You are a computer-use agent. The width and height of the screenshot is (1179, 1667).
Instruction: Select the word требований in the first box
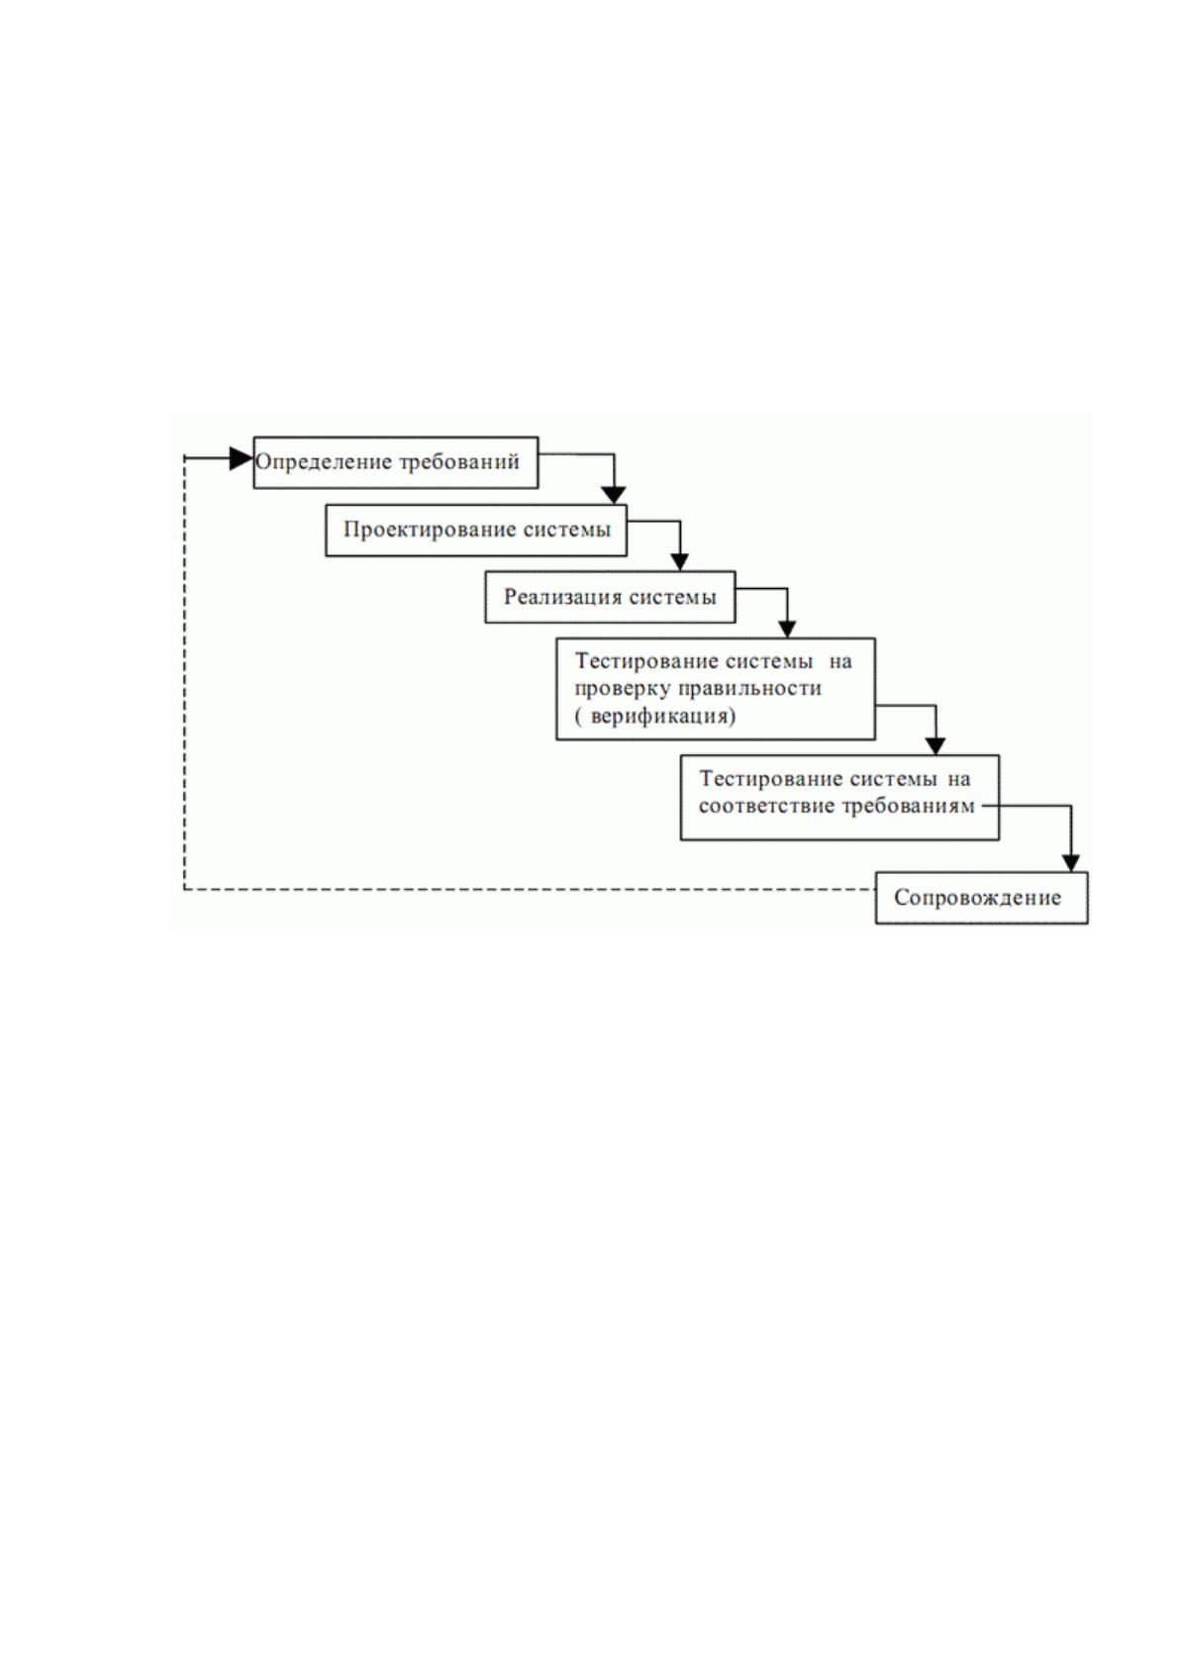click(x=459, y=463)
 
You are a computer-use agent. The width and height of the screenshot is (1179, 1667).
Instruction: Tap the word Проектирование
click(x=430, y=530)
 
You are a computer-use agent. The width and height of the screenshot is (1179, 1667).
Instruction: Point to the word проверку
click(x=623, y=689)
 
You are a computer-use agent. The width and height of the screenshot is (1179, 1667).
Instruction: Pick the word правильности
click(x=748, y=689)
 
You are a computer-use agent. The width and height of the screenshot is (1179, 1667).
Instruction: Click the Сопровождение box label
click(x=977, y=898)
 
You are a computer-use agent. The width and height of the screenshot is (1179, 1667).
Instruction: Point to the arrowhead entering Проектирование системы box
click(x=614, y=495)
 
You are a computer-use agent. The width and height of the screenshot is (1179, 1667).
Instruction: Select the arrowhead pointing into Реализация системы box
click(x=679, y=562)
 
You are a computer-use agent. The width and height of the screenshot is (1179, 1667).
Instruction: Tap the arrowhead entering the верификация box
click(x=787, y=629)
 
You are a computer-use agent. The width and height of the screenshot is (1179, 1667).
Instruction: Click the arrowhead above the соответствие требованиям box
click(x=934, y=745)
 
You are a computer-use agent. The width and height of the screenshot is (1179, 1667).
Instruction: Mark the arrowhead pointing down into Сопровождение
click(x=1070, y=862)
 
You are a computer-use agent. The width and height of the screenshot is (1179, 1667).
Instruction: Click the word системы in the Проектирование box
click(x=566, y=530)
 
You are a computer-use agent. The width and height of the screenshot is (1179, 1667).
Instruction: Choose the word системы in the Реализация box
click(x=672, y=597)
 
